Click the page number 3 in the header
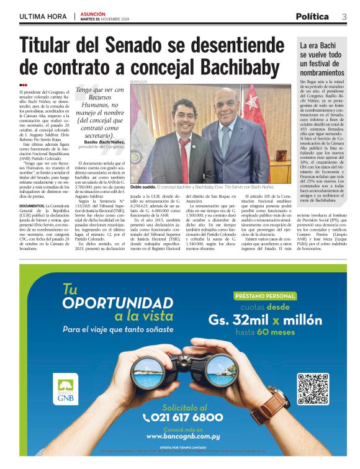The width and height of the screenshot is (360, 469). (x=344, y=17)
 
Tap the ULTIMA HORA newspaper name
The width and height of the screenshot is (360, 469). (x=44, y=16)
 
